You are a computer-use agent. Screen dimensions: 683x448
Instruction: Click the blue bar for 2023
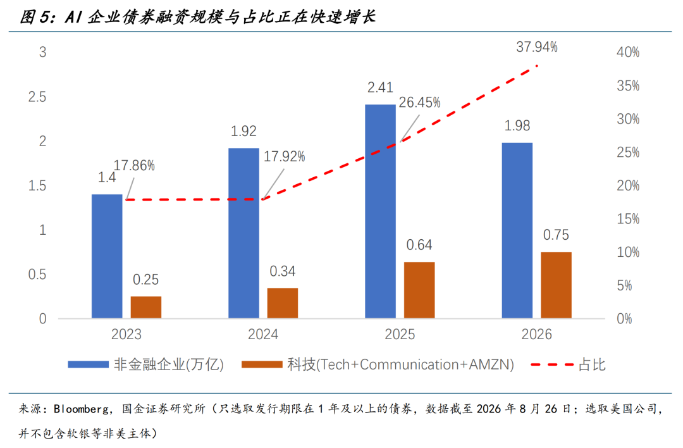[x=107, y=256]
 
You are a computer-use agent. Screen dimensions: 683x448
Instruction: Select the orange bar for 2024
[x=283, y=303]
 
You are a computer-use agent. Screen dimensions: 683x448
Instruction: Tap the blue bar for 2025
[x=380, y=211]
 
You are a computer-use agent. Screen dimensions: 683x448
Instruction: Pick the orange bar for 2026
[x=557, y=285]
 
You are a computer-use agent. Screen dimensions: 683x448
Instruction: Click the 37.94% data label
[x=537, y=47]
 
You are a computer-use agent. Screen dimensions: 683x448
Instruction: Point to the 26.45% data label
[x=419, y=103]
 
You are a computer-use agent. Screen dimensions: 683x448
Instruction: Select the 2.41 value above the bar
[x=380, y=87]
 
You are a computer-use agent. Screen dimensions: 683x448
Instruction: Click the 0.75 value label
[x=557, y=235]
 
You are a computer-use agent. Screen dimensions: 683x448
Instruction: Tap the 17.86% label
[x=134, y=166]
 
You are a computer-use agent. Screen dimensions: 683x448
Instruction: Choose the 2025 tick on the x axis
[x=400, y=334]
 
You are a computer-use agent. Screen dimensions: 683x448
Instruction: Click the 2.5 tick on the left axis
[x=37, y=97]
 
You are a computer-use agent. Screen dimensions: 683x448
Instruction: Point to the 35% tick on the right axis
[x=628, y=86]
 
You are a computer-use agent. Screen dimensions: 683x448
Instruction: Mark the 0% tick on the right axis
[x=624, y=318]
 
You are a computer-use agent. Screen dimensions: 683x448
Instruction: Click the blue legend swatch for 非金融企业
[x=88, y=364]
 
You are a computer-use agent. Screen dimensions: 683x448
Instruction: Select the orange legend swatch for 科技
[x=262, y=364]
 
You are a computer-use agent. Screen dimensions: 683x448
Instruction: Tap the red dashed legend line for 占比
[x=552, y=364]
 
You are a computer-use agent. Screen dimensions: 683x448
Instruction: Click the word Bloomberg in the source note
[x=81, y=409]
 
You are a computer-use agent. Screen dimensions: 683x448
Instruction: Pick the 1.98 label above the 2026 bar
[x=517, y=125]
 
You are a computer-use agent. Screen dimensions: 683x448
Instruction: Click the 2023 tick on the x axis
[x=126, y=334]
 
